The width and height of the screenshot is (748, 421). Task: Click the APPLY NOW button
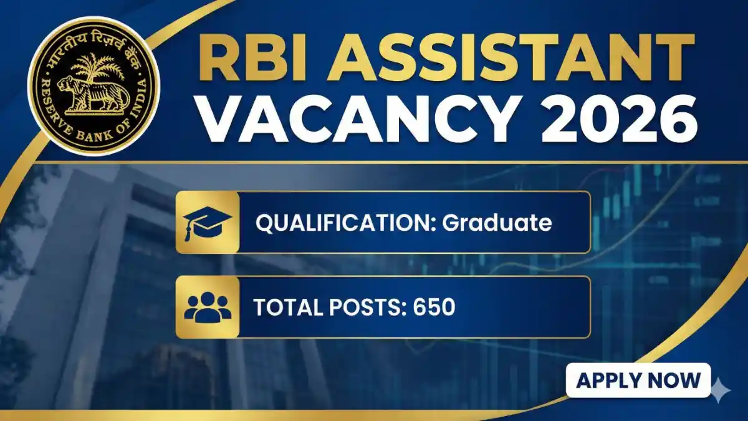click(x=638, y=380)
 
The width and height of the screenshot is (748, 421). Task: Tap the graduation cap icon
click(x=208, y=223)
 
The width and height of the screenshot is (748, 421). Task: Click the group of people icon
click(x=208, y=307)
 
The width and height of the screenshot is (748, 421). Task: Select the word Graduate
click(x=497, y=223)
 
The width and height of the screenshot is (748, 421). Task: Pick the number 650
click(x=434, y=307)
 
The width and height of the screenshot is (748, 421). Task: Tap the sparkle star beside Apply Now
click(x=721, y=390)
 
